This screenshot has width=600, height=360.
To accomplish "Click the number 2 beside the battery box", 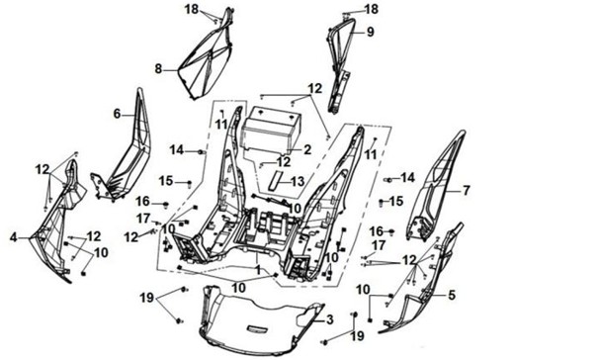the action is click(307, 149).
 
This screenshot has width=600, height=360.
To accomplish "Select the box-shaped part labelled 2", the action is click(270, 129).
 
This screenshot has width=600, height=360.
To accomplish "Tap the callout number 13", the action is click(297, 182).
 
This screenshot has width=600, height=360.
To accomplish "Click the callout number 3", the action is click(329, 319).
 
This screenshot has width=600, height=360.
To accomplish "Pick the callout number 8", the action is click(158, 69).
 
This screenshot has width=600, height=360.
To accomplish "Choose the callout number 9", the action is click(370, 32).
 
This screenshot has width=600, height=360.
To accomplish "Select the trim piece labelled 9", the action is click(338, 65).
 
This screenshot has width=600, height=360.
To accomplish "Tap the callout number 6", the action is click(117, 114).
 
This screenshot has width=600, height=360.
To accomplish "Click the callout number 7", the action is click(466, 190).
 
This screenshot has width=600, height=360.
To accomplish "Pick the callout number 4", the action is click(14, 237).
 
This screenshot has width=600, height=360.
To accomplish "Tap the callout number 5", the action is click(452, 295).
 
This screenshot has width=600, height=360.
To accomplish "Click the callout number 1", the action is click(258, 270).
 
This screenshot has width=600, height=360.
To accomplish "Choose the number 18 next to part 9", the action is click(372, 9).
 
